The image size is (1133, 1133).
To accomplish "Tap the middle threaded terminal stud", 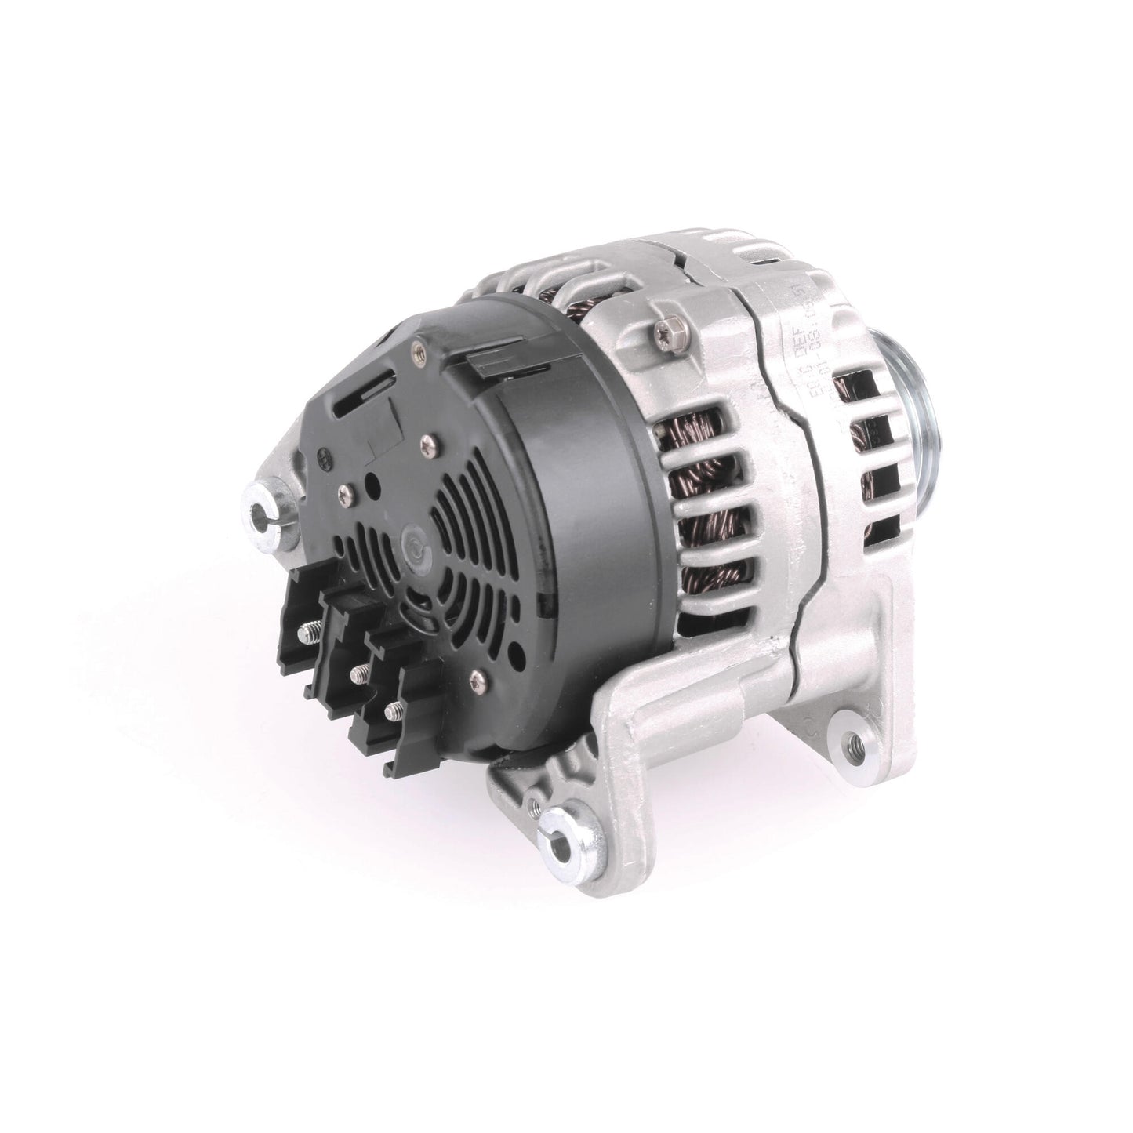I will coord(359,670).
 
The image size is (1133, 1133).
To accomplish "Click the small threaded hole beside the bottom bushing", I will coord(532,801).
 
